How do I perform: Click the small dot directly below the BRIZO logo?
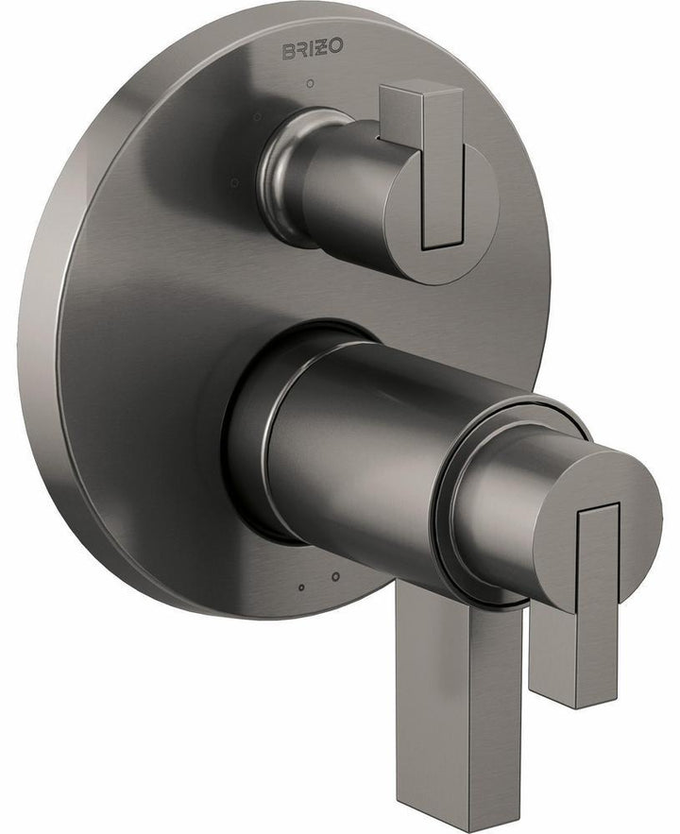[x=311, y=84]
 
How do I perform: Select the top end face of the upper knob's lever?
[x=420, y=90]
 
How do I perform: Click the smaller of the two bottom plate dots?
[x=301, y=587]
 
